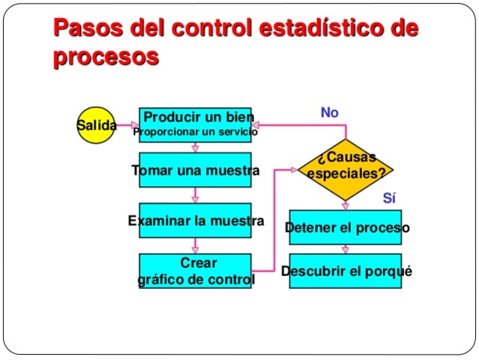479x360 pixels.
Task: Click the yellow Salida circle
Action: [96, 125]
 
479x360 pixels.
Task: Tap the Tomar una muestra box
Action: [196, 171]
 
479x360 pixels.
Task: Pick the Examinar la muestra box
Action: [196, 221]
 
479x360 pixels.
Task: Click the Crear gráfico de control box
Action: [196, 271]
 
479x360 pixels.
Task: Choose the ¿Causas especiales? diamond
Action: [345, 166]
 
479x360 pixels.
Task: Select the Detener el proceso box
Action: [346, 227]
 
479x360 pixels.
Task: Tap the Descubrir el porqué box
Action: [346, 271]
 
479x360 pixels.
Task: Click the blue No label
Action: [329, 112]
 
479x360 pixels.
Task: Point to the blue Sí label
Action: [388, 199]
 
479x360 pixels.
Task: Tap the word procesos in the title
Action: [106, 57]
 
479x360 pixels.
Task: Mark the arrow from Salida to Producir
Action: [127, 125]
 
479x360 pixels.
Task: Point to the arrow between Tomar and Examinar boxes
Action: [196, 196]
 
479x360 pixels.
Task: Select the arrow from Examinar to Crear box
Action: [196, 246]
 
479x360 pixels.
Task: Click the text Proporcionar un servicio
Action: [196, 133]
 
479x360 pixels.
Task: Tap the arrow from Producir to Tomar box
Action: [196, 148]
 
